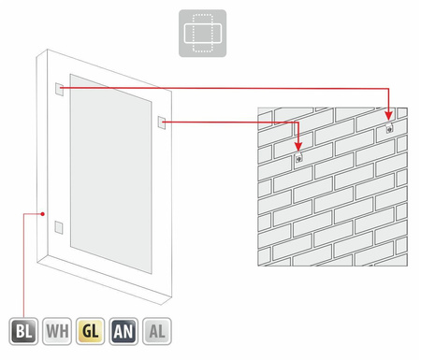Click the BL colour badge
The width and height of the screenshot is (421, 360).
(x=23, y=331)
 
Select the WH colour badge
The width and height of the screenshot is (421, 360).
(x=57, y=331)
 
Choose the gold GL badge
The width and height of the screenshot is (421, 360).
(x=91, y=331)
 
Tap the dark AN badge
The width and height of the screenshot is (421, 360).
(x=123, y=331)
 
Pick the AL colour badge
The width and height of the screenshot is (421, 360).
(x=157, y=331)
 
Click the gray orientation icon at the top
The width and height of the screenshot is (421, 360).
(x=202, y=34)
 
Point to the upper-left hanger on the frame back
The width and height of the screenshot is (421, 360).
(x=59, y=89)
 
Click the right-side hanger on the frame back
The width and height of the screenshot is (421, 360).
(x=162, y=122)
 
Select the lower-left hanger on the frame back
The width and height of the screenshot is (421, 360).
(x=59, y=227)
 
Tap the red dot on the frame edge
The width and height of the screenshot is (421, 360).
(x=43, y=214)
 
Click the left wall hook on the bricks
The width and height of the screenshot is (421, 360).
(x=298, y=158)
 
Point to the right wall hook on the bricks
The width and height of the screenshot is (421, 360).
(x=389, y=128)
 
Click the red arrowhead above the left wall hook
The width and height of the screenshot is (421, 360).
(x=298, y=147)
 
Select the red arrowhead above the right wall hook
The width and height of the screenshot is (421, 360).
(x=388, y=116)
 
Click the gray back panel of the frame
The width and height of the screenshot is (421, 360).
(x=111, y=174)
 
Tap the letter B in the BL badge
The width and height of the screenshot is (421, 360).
(x=20, y=331)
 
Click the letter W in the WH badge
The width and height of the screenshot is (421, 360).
(x=52, y=331)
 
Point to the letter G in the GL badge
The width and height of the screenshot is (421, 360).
(x=87, y=331)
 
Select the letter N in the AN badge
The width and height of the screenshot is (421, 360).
(x=128, y=331)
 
